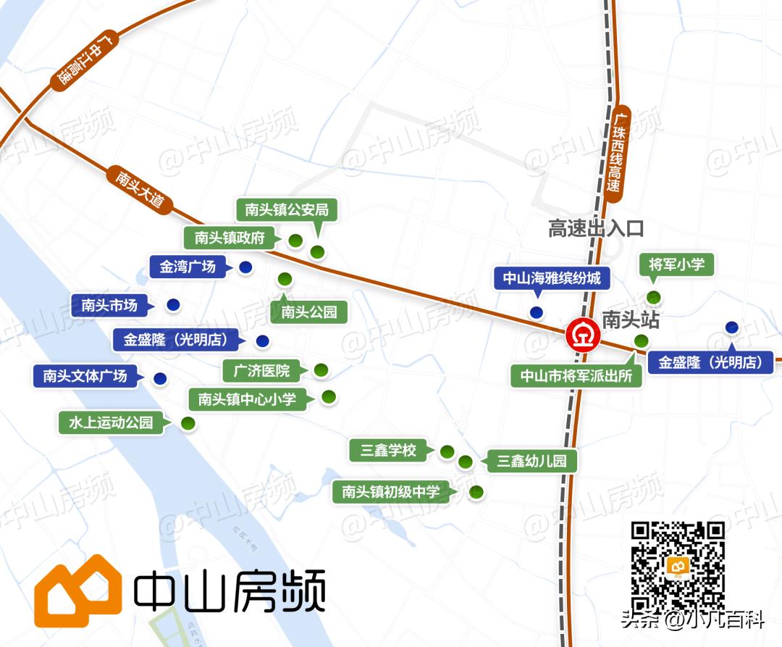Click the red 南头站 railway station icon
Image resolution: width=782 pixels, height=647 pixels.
(x=583, y=335)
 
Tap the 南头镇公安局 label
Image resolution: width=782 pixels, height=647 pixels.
(x=287, y=210)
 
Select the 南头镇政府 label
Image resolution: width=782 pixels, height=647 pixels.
(x=230, y=237)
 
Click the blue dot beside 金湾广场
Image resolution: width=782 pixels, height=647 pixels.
(x=245, y=267)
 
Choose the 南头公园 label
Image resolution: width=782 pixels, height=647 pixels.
(x=309, y=312)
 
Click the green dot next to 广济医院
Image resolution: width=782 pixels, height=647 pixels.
(x=321, y=370)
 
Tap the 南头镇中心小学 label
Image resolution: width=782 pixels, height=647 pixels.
(x=247, y=398)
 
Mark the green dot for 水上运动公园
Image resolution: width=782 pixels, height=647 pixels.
(x=188, y=423)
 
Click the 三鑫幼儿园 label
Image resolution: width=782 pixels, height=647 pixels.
(x=531, y=461)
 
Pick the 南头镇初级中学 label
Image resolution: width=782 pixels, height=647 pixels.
(x=390, y=492)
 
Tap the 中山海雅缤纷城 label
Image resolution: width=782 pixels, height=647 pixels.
(x=552, y=277)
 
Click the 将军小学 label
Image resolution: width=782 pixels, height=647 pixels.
(x=676, y=264)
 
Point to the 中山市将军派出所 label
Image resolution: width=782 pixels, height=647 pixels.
(x=576, y=376)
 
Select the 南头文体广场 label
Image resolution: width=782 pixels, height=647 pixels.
(x=85, y=375)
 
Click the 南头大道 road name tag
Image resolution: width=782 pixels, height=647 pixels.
(x=139, y=188)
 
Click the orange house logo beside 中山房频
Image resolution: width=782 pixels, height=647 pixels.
(x=77, y=594)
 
